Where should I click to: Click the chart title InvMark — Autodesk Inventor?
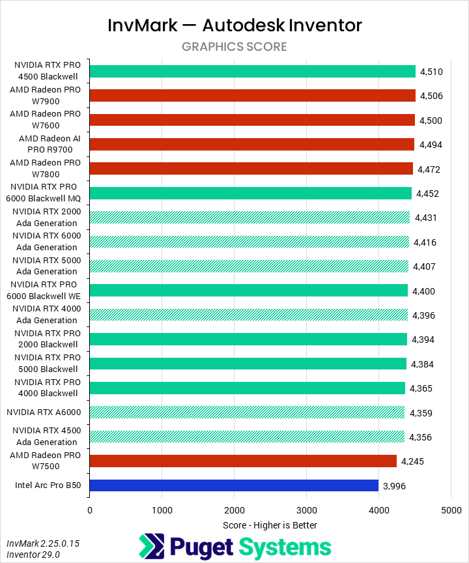click(x=234, y=25)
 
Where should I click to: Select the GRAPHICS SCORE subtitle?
click(x=234, y=47)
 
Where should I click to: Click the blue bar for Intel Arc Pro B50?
click(x=234, y=485)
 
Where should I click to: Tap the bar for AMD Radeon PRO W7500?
click(x=243, y=461)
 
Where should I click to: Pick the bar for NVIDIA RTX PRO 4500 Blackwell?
click(x=252, y=72)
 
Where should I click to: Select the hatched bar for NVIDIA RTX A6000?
click(x=247, y=412)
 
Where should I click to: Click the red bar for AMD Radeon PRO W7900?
click(x=252, y=96)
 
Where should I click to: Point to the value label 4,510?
click(x=432, y=72)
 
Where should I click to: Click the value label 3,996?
click(x=395, y=485)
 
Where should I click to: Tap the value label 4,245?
click(x=413, y=461)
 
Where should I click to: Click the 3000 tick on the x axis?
click(x=306, y=510)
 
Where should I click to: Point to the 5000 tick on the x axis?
click(x=451, y=510)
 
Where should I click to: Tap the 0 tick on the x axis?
click(x=90, y=510)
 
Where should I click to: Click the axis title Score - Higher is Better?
click(x=270, y=525)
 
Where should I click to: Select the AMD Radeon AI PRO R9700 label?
click(x=50, y=144)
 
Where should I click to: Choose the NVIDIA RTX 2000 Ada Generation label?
click(x=46, y=218)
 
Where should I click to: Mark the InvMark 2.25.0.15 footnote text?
click(x=43, y=543)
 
